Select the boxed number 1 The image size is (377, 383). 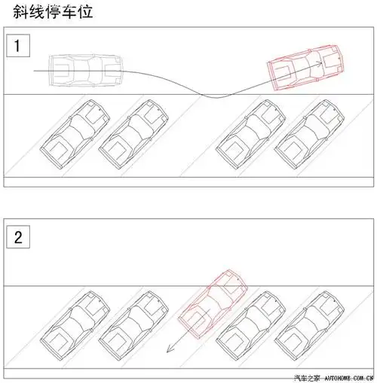(20, 47)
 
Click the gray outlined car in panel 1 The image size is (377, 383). (82, 69)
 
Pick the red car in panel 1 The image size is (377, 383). (305, 68)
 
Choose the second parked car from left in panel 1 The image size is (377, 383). (134, 135)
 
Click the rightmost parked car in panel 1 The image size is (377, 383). (308, 136)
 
